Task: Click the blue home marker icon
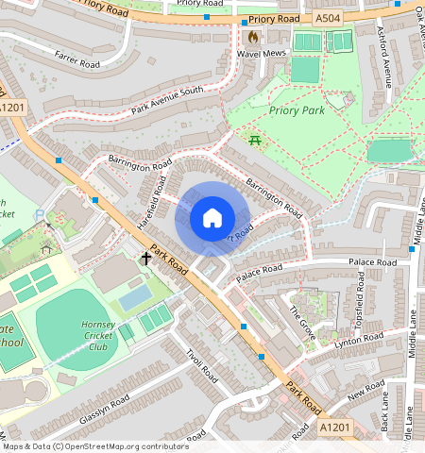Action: click(212, 219)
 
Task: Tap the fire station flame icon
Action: click(253, 37)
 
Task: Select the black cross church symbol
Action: click(146, 257)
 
